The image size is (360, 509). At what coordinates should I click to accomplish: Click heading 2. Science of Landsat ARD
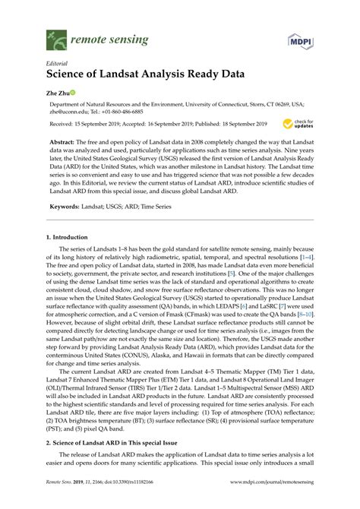tap(106, 441)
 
